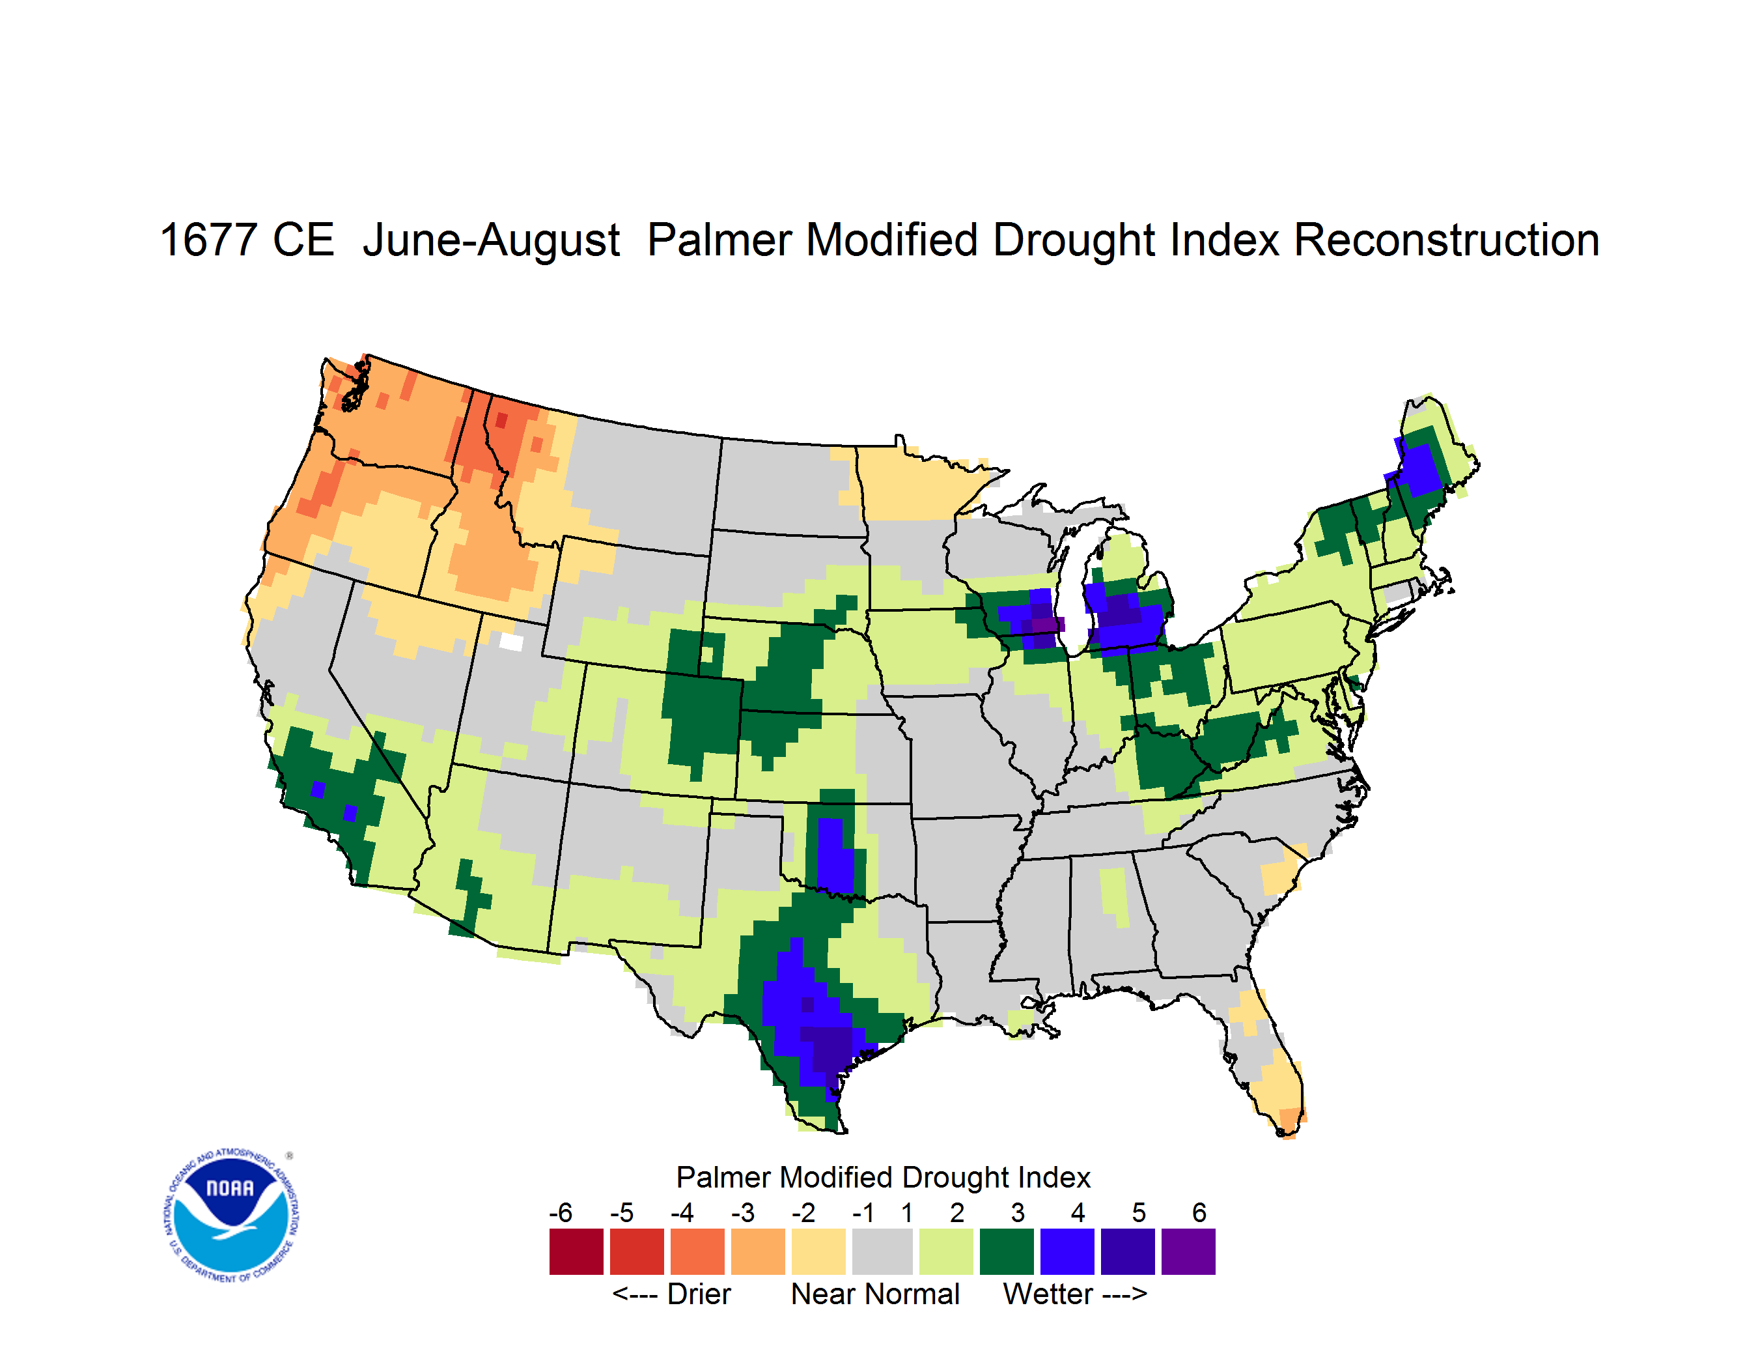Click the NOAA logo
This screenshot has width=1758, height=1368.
pos(232,1215)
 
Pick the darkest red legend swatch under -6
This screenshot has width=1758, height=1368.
pos(576,1251)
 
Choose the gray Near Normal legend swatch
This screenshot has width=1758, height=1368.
pos(882,1251)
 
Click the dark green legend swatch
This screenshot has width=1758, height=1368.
pos(1006,1251)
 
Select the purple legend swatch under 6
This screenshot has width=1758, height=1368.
pos(1188,1251)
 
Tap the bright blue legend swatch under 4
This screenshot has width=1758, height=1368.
pos(1067,1251)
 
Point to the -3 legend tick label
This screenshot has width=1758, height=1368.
pos(743,1212)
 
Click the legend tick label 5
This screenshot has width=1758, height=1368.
pos(1138,1212)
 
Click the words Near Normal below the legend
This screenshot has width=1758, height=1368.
pos(875,1294)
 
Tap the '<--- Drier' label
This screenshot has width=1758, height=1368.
pos(671,1294)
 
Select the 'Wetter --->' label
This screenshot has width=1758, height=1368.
pos(1074,1294)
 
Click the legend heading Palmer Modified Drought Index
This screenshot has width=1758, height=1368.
pos(883,1177)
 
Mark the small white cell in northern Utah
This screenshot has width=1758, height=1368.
pos(511,642)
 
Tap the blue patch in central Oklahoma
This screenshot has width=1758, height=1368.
pos(835,856)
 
